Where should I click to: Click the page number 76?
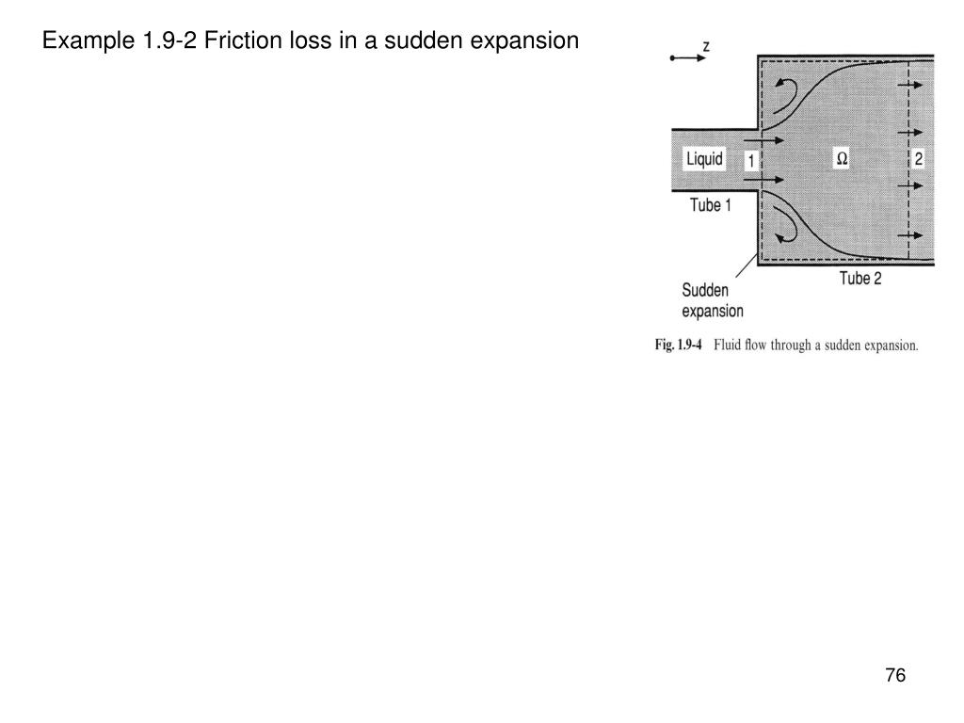pos(894,676)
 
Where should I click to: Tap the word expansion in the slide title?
pos(531,41)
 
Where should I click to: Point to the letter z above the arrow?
pos(706,45)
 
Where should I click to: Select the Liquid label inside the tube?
pos(704,159)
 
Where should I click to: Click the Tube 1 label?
pos(710,205)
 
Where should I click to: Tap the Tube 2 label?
pos(860,278)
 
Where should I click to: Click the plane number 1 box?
pos(750,161)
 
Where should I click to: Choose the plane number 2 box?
pos(918,159)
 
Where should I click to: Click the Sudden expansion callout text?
pos(713,300)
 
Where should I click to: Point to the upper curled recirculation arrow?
pos(787,91)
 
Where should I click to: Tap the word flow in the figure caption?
pos(764,345)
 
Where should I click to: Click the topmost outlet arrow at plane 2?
pos(909,86)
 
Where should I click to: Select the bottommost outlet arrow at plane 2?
pos(909,234)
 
